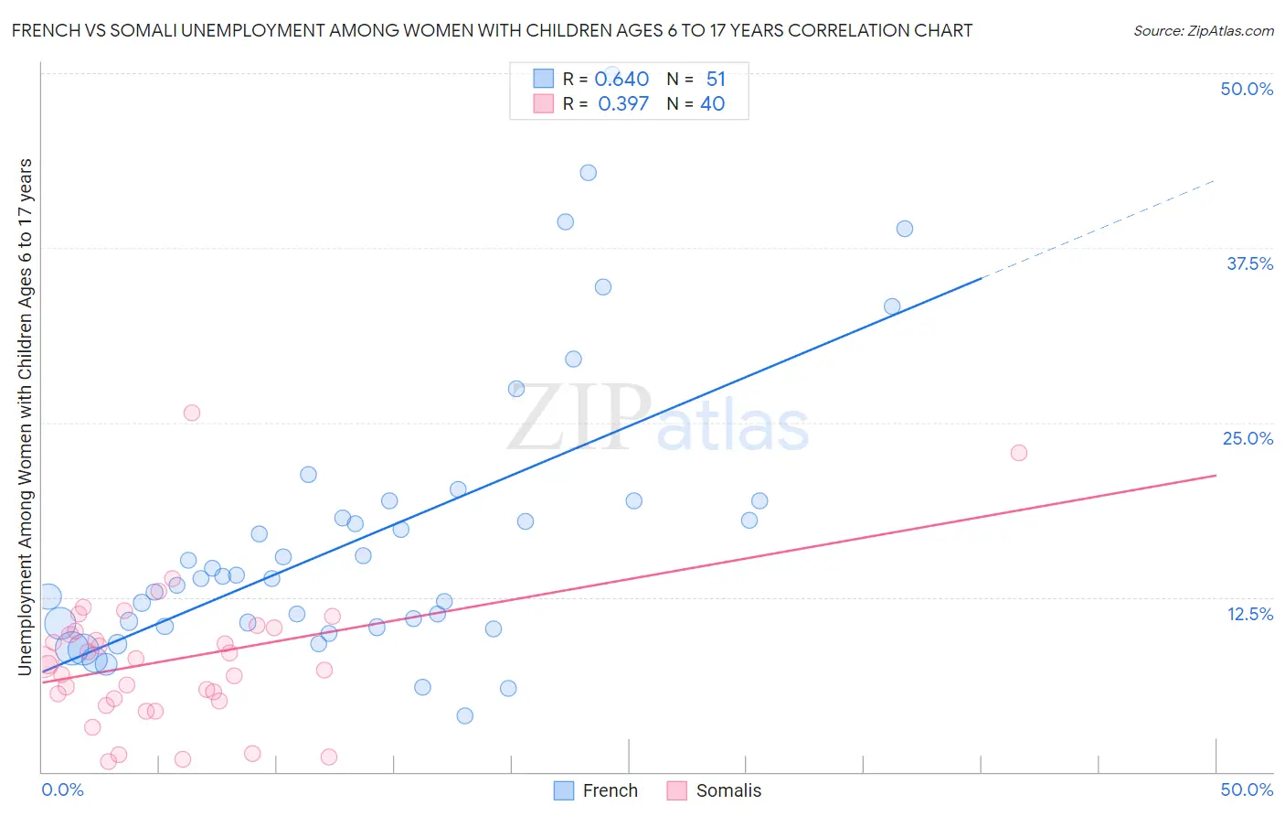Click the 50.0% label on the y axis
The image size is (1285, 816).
click(1247, 90)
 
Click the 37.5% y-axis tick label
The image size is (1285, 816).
click(1249, 264)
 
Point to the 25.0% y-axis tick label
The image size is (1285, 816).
click(1248, 439)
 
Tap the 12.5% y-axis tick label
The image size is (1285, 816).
click(1249, 614)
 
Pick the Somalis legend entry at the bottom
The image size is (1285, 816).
click(714, 791)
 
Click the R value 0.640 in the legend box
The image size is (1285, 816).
click(621, 80)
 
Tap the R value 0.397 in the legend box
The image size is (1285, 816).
click(623, 104)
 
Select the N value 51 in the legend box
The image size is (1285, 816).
click(716, 80)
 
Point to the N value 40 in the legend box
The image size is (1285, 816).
click(712, 104)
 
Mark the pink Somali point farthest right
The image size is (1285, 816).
click(1019, 453)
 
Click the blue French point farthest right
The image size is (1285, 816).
click(905, 229)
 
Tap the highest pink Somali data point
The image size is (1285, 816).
click(192, 413)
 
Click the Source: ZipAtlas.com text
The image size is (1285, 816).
click(1203, 31)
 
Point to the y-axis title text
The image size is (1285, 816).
click(26, 416)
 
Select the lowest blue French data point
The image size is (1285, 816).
click(465, 715)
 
